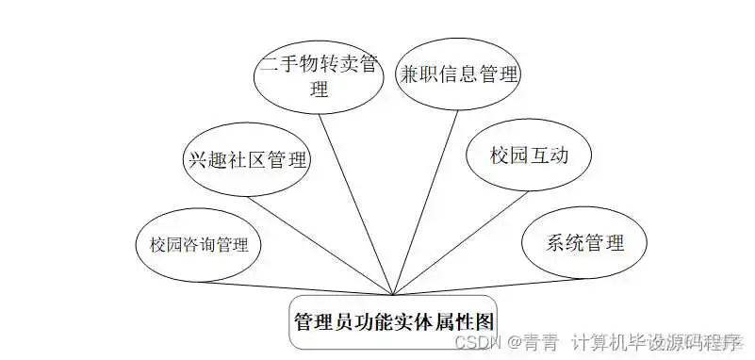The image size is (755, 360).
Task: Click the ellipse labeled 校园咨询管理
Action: (199, 246)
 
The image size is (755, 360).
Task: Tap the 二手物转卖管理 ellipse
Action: (320, 78)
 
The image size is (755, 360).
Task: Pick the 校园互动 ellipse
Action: (528, 154)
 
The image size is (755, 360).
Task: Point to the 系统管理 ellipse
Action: (584, 243)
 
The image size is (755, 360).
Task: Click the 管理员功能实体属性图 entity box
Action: (393, 321)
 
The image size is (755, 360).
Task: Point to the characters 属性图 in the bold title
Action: (465, 320)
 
